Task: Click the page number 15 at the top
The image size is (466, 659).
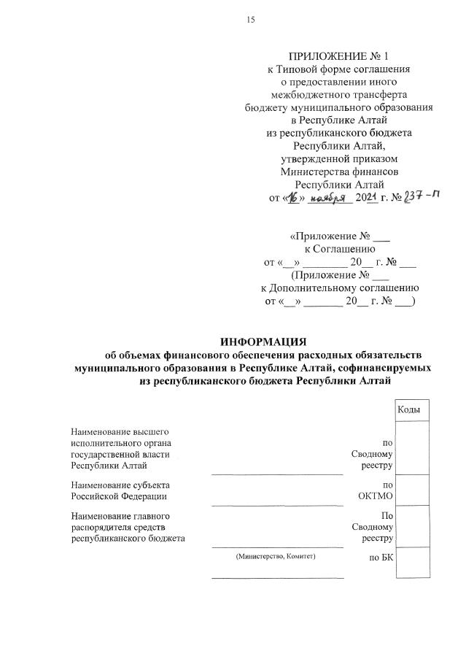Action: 250,20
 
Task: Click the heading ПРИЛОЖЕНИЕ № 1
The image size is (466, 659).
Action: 339,56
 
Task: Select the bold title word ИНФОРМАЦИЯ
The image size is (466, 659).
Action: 264,342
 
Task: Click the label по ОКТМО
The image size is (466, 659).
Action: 377,490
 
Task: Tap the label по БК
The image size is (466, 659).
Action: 380,558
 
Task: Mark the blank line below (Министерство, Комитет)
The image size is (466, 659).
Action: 277,577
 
